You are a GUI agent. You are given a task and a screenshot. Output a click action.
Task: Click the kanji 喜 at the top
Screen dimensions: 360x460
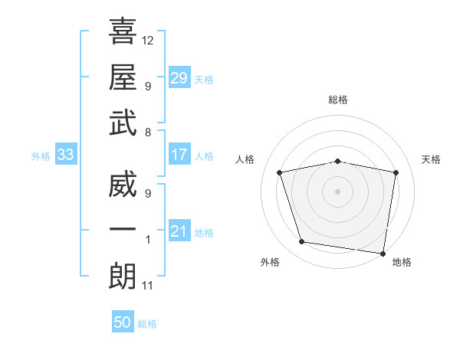[123, 31]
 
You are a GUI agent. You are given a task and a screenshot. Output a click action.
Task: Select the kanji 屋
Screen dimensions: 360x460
[123, 77]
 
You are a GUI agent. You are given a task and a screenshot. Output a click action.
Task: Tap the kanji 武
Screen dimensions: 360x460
[123, 123]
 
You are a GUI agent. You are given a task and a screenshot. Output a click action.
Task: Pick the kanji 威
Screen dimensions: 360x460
[123, 187]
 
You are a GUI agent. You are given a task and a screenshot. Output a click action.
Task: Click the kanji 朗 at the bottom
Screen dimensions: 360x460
[123, 277]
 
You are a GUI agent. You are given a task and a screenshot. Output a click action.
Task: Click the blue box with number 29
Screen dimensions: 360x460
[179, 77]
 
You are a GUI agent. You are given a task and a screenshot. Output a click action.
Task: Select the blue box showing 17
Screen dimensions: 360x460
[179, 155]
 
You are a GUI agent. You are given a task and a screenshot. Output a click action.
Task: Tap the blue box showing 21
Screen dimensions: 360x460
[179, 231]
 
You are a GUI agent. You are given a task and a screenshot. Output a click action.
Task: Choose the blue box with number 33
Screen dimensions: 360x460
[65, 155]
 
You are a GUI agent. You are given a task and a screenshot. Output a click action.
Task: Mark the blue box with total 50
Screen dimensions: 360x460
[122, 322]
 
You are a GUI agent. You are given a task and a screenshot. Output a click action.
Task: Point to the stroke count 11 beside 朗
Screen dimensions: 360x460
[148, 286]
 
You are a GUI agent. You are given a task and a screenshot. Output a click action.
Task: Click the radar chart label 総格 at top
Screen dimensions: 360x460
[338, 100]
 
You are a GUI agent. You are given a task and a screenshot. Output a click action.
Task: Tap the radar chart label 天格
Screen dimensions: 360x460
[432, 159]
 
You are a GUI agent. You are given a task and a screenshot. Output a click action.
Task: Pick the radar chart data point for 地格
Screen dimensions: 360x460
[383, 253]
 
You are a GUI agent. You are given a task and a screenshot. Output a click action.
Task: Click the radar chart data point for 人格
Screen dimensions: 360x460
[280, 172]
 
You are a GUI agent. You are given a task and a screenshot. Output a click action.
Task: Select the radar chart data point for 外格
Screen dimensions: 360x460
[302, 242]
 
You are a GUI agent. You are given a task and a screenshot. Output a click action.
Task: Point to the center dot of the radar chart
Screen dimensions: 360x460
[338, 191]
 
